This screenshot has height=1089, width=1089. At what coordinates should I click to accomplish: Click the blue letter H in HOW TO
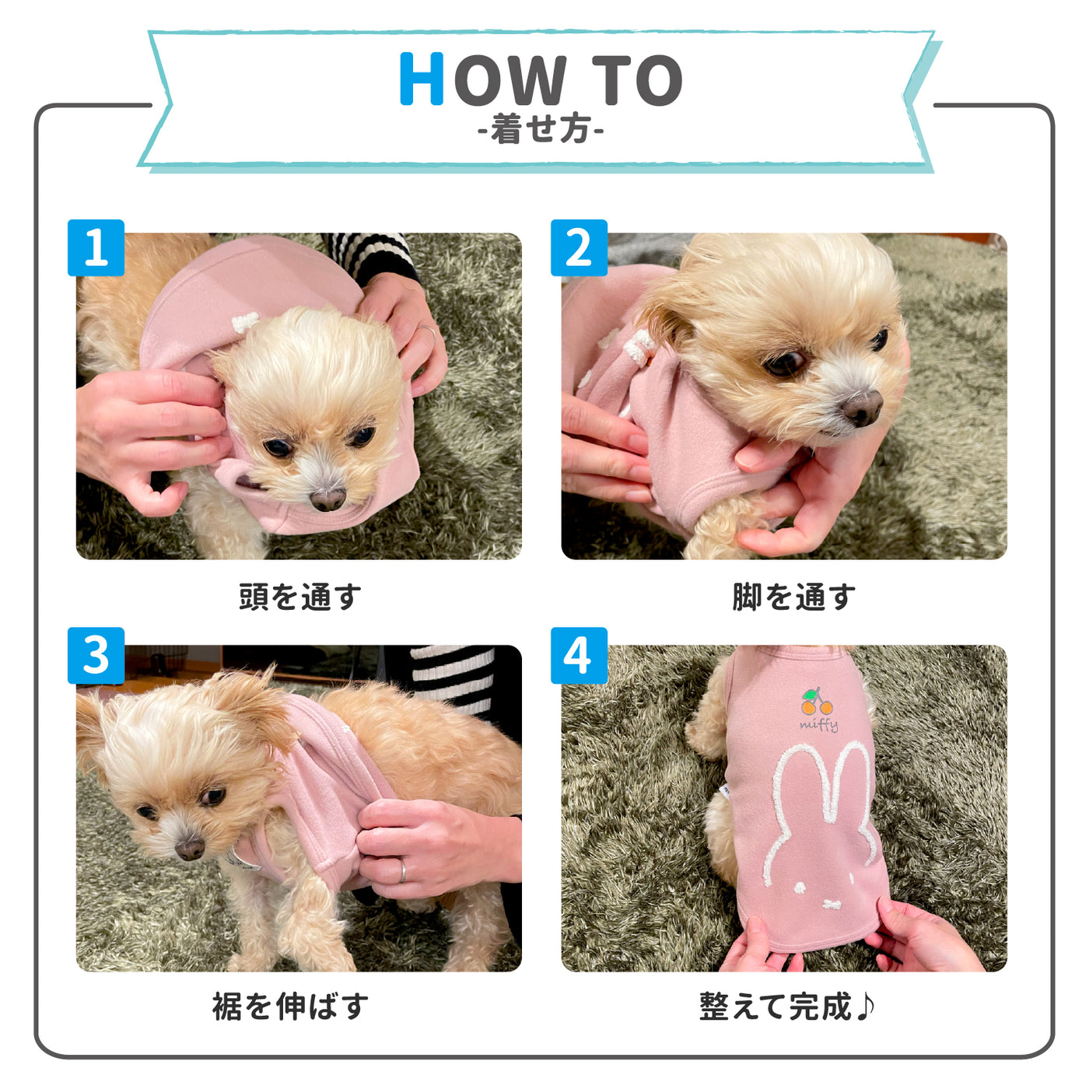[x=422, y=79]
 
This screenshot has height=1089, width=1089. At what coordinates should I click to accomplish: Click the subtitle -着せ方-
[x=541, y=130]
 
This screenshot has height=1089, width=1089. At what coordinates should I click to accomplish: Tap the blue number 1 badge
[x=96, y=247]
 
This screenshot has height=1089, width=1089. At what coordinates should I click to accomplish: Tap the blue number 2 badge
[x=579, y=247]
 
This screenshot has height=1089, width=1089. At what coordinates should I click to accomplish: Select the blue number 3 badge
[x=96, y=656]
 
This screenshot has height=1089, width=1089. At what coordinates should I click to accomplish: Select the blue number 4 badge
[x=579, y=656]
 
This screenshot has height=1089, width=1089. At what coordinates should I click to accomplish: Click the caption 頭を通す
[x=299, y=597]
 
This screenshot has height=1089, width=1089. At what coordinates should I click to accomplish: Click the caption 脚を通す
[x=793, y=597]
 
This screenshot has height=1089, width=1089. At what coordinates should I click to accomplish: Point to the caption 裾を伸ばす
[x=290, y=1007]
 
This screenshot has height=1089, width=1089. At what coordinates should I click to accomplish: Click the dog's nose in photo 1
[x=327, y=499]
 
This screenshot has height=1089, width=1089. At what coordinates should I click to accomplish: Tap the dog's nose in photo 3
[x=190, y=849]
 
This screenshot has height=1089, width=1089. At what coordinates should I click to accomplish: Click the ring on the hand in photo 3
[x=402, y=870]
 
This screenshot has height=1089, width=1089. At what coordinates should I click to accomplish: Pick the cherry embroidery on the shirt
[x=816, y=702]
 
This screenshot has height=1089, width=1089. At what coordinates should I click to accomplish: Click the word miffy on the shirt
[x=819, y=725]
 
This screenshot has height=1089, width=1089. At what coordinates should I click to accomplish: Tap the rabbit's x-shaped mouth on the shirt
[x=832, y=905]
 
